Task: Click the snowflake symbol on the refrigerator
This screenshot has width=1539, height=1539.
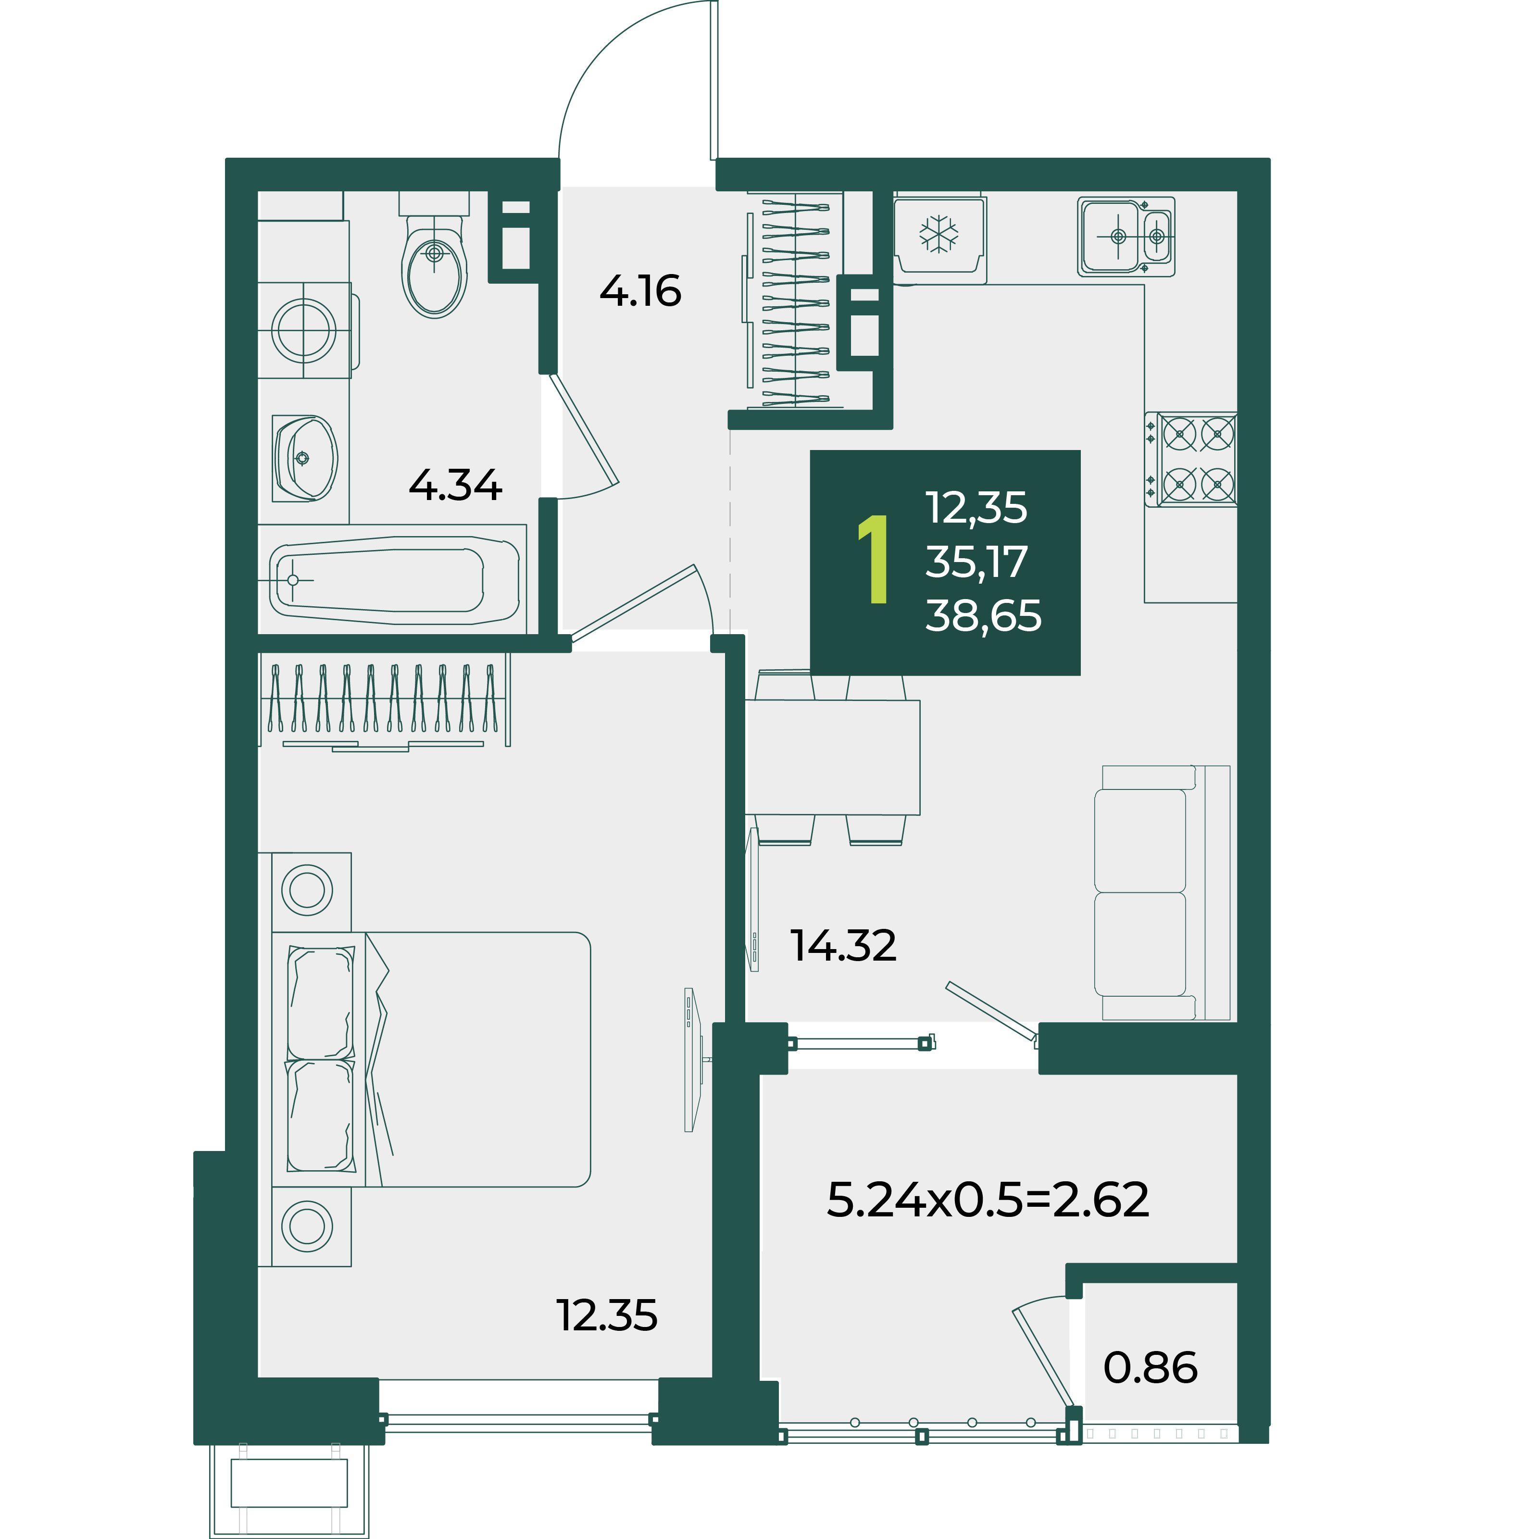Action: click(x=939, y=234)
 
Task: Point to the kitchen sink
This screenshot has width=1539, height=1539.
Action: click(x=1126, y=237)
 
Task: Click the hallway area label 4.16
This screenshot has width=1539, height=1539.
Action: click(x=640, y=291)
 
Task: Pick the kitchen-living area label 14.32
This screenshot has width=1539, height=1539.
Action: click(x=843, y=946)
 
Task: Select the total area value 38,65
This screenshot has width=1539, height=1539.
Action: click(x=983, y=616)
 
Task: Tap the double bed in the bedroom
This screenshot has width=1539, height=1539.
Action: click(x=431, y=1060)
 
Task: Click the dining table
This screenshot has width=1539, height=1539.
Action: click(x=832, y=758)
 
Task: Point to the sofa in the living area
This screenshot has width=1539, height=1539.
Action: click(x=1162, y=893)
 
